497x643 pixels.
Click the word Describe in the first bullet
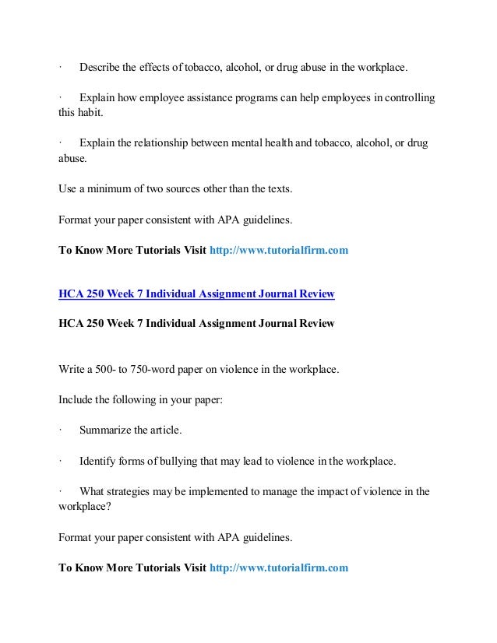click(100, 68)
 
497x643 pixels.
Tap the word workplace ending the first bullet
click(380, 68)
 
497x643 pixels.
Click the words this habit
click(80, 113)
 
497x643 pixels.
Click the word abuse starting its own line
click(72, 159)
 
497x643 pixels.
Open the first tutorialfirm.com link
click(279, 250)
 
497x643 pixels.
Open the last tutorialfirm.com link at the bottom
click(279, 567)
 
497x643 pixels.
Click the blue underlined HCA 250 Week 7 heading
click(196, 293)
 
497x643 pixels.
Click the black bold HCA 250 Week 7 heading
click(196, 324)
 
